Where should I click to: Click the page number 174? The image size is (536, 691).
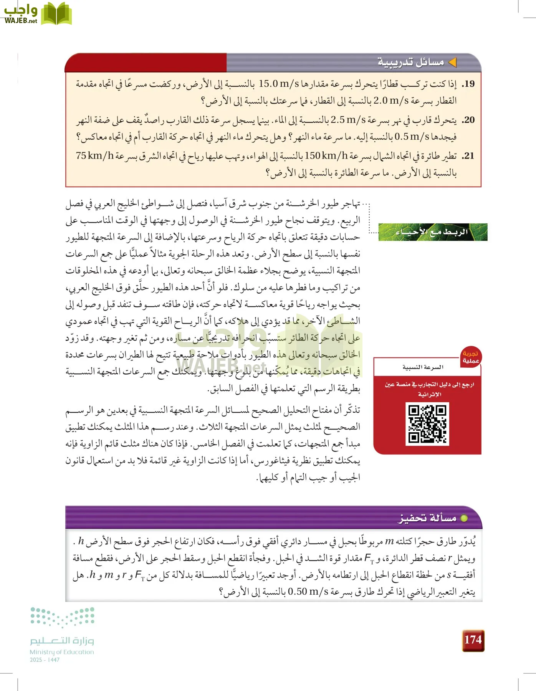pyautogui.click(x=473, y=640)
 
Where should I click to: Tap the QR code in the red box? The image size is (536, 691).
pyautogui.click(x=427, y=424)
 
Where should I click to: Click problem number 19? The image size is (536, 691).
pyautogui.click(x=468, y=84)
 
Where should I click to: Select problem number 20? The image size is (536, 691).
pyautogui.click(x=468, y=120)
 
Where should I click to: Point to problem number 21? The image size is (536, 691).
pyautogui.click(x=468, y=156)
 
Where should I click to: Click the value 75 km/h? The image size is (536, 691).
pyautogui.click(x=95, y=156)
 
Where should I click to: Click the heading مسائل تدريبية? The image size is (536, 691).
pyautogui.click(x=411, y=62)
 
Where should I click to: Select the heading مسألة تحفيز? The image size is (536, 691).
pyautogui.click(x=427, y=518)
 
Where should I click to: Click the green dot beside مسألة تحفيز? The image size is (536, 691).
pyautogui.click(x=464, y=518)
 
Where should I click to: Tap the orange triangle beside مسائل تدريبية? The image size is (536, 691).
pyautogui.click(x=453, y=62)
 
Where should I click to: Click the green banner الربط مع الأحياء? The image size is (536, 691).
pyautogui.click(x=433, y=232)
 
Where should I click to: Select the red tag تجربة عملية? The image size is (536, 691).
pyautogui.click(x=470, y=357)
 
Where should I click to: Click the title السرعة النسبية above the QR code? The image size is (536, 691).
pyautogui.click(x=423, y=367)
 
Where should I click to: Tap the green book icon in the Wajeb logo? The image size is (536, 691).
pyautogui.click(x=56, y=14)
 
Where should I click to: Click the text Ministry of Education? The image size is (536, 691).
pyautogui.click(x=62, y=652)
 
